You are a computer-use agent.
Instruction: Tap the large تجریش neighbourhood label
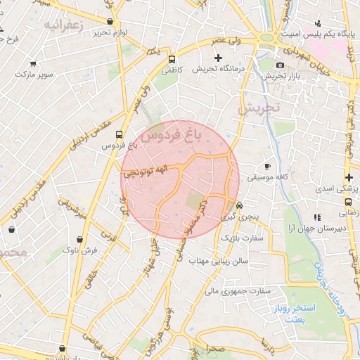[258, 108]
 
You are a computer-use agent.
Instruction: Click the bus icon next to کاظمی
[173, 58]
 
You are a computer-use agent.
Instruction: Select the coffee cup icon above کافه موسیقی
[266, 166]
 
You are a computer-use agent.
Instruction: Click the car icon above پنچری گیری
[240, 205]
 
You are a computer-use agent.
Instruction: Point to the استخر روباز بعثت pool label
[306, 314]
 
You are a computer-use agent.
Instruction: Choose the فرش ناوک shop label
[79, 250]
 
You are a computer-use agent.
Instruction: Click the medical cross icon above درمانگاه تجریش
[218, 58]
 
